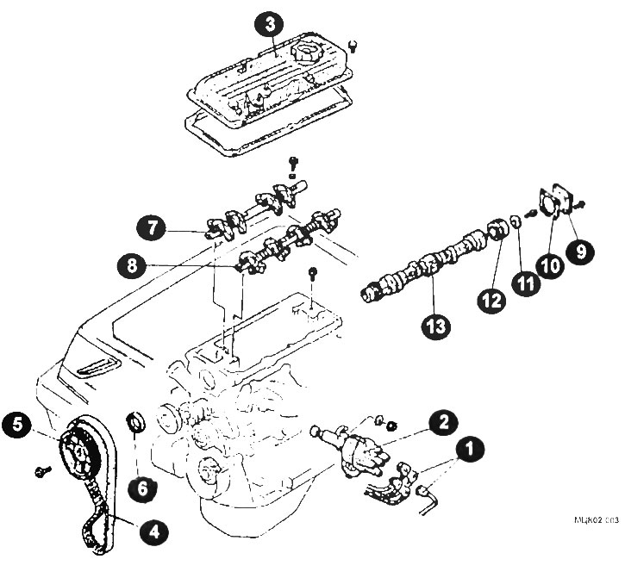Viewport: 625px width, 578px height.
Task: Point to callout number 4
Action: point(154,531)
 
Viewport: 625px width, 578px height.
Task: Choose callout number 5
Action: point(16,425)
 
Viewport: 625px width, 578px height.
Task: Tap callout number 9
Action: point(580,252)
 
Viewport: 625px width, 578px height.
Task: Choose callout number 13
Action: point(435,325)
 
